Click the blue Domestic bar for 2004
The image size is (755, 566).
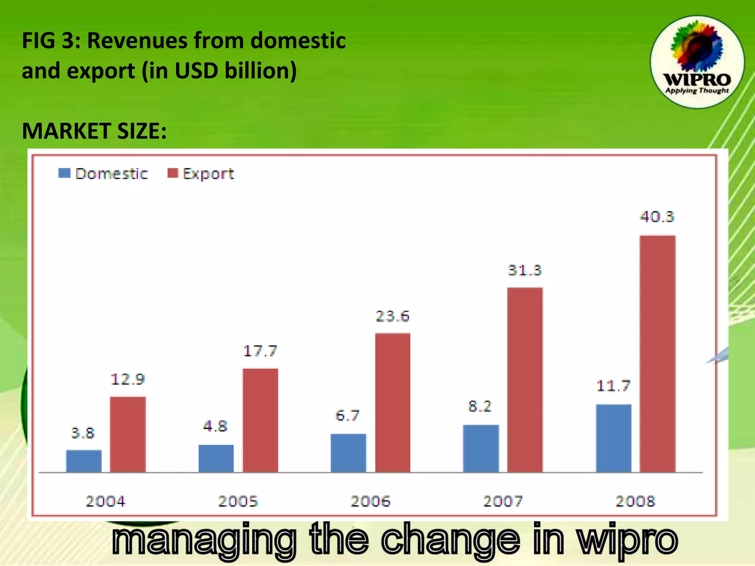84,461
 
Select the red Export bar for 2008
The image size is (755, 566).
658,354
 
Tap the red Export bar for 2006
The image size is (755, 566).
393,402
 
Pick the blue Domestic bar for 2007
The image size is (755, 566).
481,448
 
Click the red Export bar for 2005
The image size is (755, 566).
260,420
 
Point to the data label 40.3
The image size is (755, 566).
657,217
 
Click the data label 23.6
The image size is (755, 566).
393,316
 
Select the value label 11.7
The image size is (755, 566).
613,386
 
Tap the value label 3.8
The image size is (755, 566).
83,433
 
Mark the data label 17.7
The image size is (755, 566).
260,351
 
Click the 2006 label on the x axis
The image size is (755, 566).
370,501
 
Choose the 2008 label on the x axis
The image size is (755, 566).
635,501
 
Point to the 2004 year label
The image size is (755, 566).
106,501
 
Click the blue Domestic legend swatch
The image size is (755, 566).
64,173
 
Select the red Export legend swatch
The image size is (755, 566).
173,173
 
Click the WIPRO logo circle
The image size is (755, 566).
697,62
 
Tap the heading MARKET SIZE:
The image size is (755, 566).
94,131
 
